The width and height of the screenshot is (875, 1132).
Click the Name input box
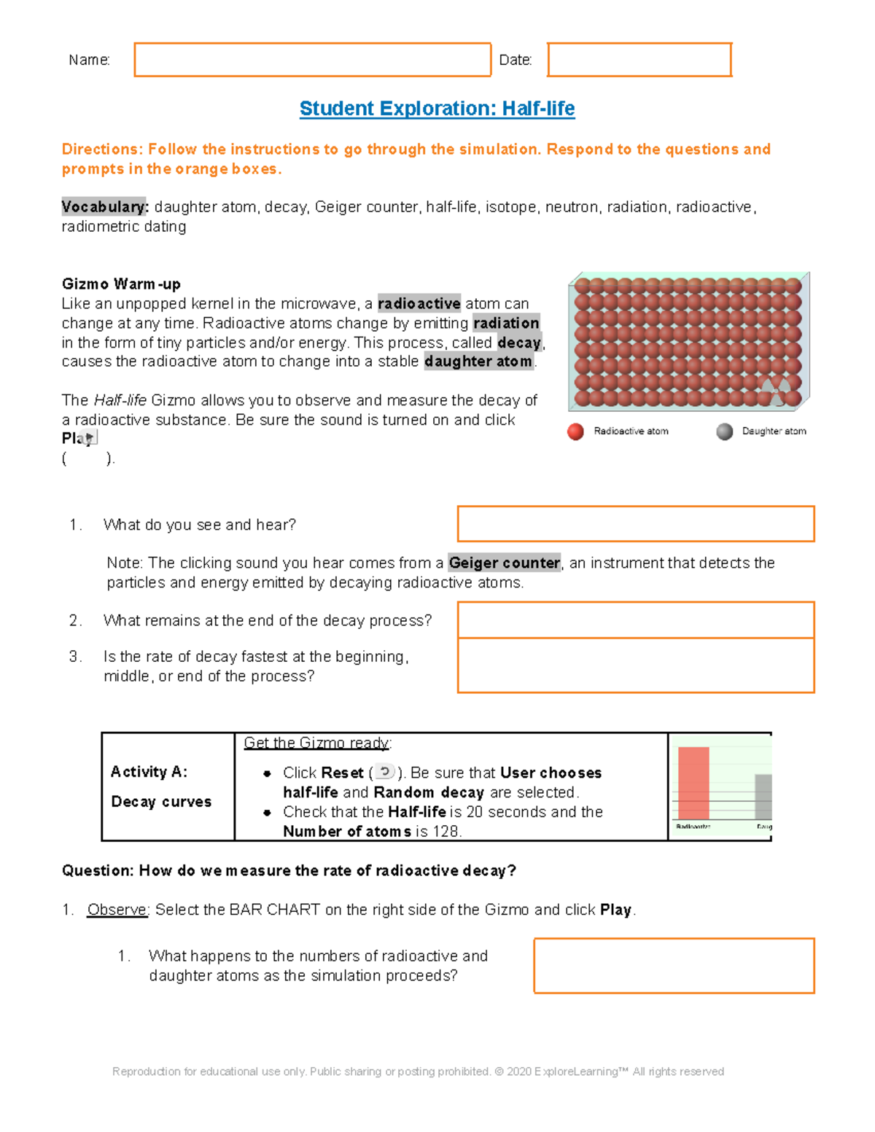(312, 60)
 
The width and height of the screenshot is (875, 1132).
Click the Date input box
(639, 60)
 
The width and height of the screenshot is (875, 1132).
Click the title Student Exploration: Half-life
(437, 109)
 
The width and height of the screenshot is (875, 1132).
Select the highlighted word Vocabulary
(105, 207)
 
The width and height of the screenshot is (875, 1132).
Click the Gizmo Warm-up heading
(121, 284)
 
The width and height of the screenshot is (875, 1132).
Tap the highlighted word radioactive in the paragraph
(419, 304)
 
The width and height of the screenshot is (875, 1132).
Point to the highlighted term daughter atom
(478, 362)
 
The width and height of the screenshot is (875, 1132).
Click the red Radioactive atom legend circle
(575, 432)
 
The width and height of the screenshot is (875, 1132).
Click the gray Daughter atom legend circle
(724, 432)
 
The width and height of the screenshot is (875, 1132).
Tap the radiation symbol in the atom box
(776, 391)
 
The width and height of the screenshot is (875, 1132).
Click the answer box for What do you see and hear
(635, 524)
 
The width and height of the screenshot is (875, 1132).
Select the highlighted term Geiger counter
(505, 563)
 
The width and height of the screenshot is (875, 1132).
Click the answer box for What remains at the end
(635, 620)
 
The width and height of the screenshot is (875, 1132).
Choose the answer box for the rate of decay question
(635, 665)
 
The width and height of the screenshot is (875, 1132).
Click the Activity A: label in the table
(149, 772)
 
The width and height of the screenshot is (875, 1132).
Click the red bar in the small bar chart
(693, 784)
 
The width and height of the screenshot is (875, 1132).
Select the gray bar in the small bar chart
(763, 797)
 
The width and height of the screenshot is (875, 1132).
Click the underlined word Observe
(117, 910)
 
